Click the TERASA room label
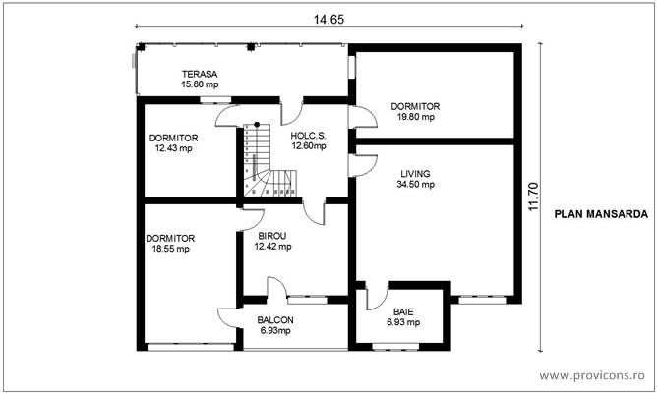(x=199, y=75)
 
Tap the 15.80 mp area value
(x=199, y=85)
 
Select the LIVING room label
(x=414, y=174)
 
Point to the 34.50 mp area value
(x=415, y=185)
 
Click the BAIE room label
(x=403, y=311)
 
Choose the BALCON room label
(x=275, y=321)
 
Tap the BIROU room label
(x=272, y=237)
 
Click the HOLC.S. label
(x=308, y=136)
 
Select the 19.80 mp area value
(x=414, y=117)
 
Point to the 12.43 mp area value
(x=174, y=148)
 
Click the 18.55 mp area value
(x=170, y=249)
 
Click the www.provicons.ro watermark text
(x=593, y=375)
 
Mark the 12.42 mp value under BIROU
(x=272, y=247)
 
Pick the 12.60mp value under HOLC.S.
(x=309, y=146)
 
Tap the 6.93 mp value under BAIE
(x=403, y=322)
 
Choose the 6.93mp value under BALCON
(x=275, y=332)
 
